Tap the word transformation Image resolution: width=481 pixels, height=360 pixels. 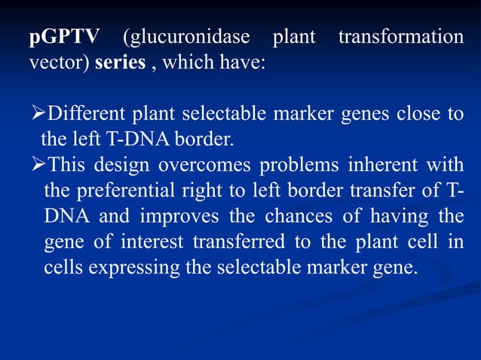click(x=400, y=38)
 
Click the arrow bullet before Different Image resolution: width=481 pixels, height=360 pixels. click(x=37, y=114)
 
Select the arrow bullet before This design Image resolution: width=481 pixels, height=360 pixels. click(x=37, y=163)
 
